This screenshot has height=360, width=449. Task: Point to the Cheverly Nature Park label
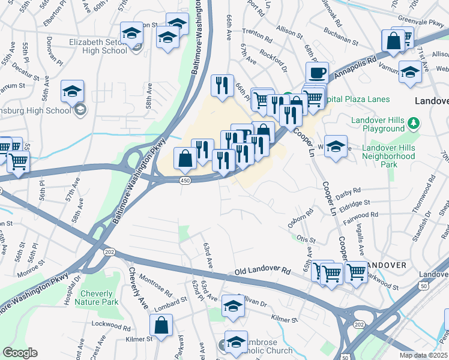point(97,298)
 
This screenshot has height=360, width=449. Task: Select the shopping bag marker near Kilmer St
point(161,326)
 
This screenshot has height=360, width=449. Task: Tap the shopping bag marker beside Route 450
point(185,159)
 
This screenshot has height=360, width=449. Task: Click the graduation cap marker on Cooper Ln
point(336,146)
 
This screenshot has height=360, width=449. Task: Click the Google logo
point(20,353)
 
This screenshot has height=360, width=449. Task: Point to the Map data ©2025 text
point(423,355)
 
